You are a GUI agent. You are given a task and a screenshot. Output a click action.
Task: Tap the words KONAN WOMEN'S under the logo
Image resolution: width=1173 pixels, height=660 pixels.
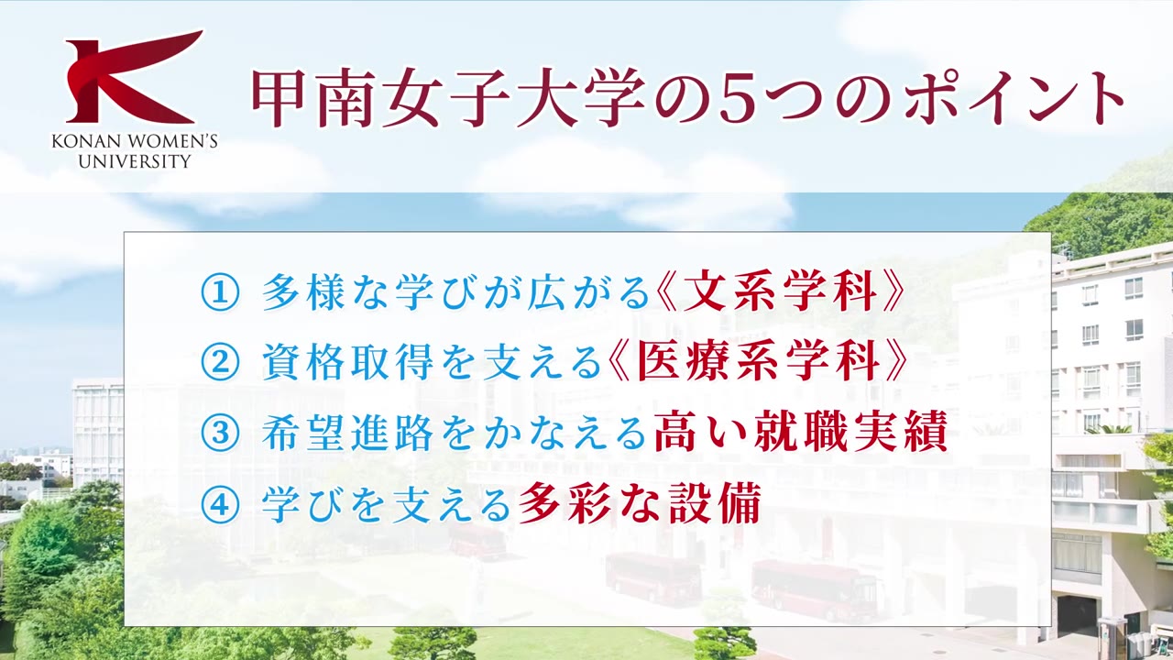(135, 143)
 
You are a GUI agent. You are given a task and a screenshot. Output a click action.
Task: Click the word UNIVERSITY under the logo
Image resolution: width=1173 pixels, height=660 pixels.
(135, 161)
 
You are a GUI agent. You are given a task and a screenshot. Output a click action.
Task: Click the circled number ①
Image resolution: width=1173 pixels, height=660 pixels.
(220, 293)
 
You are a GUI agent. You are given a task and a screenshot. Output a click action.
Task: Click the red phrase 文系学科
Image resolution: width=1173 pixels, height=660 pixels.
(782, 293)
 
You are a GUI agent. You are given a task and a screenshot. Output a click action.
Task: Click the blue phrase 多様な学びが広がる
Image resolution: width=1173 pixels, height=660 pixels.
(455, 293)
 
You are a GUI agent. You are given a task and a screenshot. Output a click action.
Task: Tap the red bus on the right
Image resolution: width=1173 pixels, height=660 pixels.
(814, 589)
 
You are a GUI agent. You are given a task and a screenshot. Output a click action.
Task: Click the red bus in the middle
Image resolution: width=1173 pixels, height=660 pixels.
(653, 577)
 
